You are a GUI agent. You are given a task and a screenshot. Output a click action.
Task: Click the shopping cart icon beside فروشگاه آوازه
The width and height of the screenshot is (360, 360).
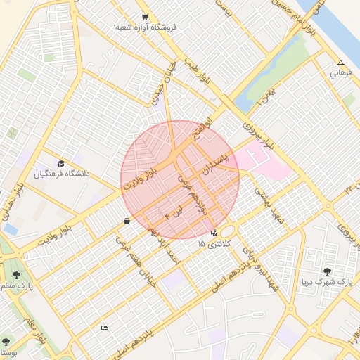(x=145, y=17)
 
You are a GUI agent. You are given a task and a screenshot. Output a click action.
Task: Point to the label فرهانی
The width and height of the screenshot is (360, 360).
(x=340, y=72)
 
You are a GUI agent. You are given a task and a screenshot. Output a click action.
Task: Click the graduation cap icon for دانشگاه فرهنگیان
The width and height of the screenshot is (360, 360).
(x=61, y=163)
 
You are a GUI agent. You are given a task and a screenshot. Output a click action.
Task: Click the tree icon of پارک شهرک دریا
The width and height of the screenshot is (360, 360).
(x=326, y=271)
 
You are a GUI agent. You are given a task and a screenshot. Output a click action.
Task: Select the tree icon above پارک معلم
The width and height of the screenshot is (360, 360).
(x=16, y=275)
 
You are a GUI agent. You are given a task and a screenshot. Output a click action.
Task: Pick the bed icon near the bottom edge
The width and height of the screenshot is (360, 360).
(x=105, y=328)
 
